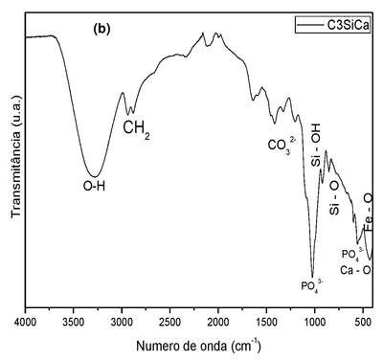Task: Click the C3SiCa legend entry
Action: click(x=332, y=25)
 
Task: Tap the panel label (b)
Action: click(x=101, y=29)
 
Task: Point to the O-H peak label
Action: click(x=94, y=186)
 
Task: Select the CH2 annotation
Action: click(x=137, y=129)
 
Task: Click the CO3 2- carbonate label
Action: click(x=281, y=145)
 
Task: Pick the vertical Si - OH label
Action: click(x=316, y=145)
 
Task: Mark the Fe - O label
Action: click(x=368, y=213)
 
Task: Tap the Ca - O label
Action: click(x=355, y=270)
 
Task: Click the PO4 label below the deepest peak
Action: click(x=313, y=285)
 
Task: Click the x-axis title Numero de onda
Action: click(x=198, y=346)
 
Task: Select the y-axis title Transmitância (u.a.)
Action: click(x=16, y=157)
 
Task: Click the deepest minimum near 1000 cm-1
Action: click(x=312, y=277)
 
